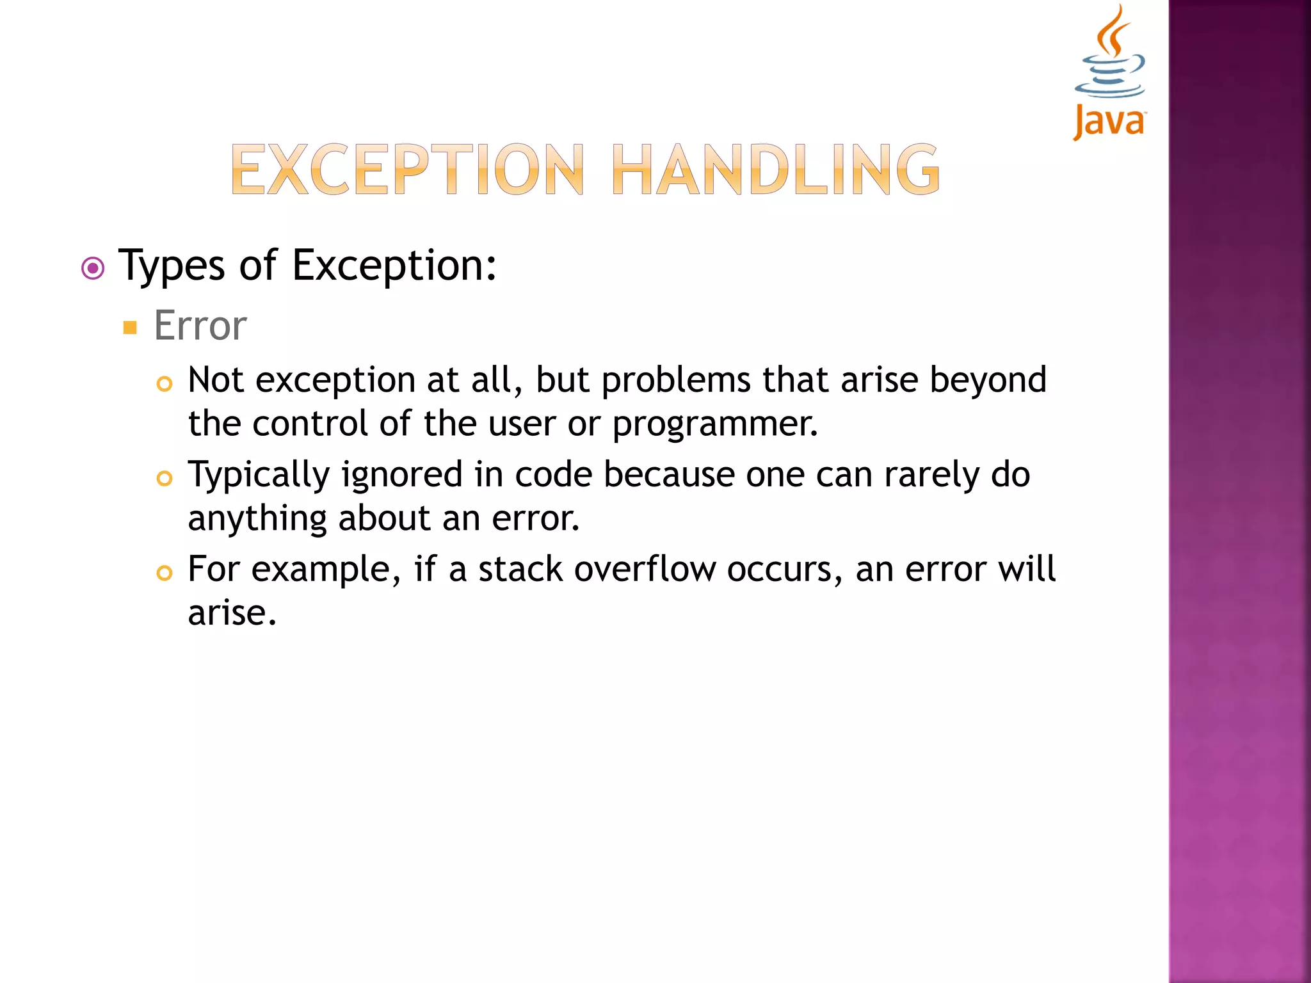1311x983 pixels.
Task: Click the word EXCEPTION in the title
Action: [407, 170]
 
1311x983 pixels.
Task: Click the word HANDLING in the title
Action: [775, 170]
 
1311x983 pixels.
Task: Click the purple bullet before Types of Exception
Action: [93, 268]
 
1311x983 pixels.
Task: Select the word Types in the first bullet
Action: [172, 266]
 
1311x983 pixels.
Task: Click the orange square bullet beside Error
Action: [131, 328]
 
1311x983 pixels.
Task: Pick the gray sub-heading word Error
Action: [200, 326]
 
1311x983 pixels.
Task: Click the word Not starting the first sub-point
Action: [216, 380]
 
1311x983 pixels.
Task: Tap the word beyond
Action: [988, 381]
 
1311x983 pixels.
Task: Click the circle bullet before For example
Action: [165, 573]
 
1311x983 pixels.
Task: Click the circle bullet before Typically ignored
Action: [165, 478]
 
